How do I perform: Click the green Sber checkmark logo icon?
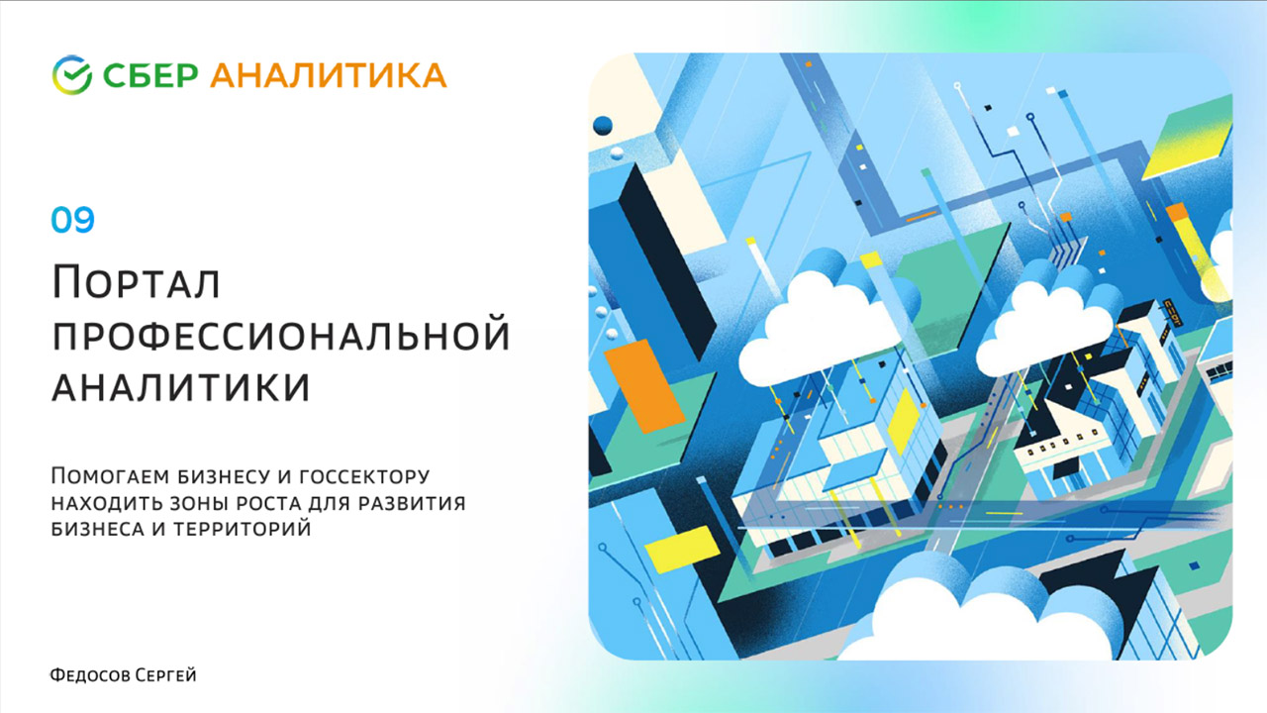[72, 74]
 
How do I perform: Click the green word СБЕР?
[150, 76]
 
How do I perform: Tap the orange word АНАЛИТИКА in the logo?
[329, 76]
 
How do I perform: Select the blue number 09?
[72, 220]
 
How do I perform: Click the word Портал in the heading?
[136, 282]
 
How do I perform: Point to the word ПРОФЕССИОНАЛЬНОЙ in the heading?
[281, 335]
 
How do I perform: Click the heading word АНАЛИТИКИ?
[181, 387]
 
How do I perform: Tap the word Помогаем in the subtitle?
[110, 476]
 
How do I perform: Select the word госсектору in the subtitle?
[364, 477]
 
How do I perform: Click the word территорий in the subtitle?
[243, 528]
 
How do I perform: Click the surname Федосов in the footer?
[90, 675]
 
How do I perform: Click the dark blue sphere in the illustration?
[603, 125]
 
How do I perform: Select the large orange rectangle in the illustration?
[644, 386]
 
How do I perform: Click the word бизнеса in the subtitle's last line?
[97, 528]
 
